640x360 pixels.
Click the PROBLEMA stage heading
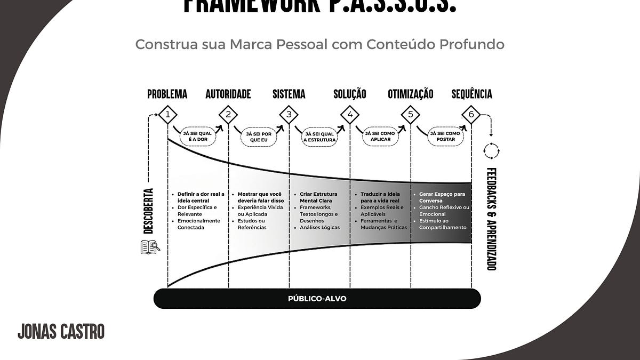167,94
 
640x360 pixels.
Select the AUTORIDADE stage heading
228,94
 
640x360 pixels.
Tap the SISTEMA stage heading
289,94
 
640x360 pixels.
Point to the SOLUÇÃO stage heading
350,94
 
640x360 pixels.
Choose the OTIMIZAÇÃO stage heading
410,94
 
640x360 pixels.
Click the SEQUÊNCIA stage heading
471,94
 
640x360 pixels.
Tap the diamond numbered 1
167,114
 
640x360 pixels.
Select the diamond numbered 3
289,114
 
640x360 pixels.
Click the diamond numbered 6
471,114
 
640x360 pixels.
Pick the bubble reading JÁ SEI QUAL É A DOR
198,136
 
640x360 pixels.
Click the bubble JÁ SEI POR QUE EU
259,137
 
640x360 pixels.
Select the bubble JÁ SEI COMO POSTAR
445,136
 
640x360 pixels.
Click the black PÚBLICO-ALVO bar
317,299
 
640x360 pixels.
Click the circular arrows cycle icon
491,151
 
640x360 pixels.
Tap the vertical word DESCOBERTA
149,211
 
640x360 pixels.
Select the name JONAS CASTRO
61,331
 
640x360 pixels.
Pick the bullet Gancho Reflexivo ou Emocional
444,211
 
